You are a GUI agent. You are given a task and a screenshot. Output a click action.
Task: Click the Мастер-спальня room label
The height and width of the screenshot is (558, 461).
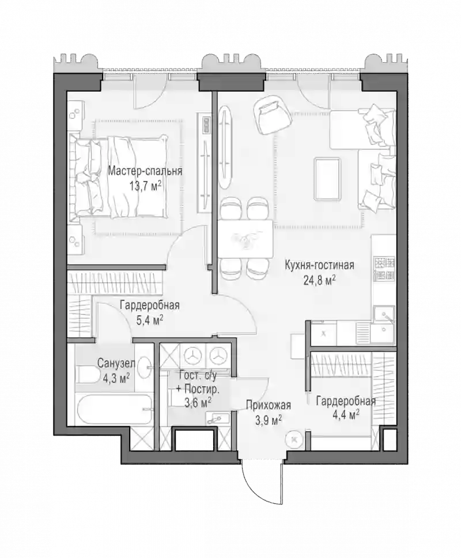point(145,171)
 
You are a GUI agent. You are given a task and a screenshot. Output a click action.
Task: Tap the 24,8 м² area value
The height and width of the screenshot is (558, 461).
point(320,281)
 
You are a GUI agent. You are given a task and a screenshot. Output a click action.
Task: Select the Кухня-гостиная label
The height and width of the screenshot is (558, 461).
point(319,266)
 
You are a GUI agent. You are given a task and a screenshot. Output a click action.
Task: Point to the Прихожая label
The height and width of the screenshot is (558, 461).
point(269,405)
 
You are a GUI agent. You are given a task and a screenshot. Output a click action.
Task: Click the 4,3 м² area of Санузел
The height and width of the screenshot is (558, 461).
point(116,379)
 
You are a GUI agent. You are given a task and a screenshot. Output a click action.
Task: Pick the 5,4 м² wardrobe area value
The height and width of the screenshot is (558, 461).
point(150,321)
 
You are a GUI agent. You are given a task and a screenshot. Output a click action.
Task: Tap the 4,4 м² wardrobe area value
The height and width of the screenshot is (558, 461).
point(345,415)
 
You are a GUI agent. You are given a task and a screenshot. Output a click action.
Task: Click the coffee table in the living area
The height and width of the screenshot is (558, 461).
point(327,180)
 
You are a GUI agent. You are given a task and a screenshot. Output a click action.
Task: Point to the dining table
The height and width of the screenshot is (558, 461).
point(245,239)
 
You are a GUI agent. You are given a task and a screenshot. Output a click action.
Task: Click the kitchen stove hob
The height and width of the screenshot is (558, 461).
point(384,269)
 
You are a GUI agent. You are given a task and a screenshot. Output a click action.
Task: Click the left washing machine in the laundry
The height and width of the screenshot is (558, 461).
point(192,355)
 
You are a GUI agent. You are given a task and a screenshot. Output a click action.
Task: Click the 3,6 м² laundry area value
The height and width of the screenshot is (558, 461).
point(198,403)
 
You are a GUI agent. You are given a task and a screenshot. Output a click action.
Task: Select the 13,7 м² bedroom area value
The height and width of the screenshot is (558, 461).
point(145,186)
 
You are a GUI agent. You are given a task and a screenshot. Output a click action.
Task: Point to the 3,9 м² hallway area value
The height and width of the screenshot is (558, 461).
point(269,421)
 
